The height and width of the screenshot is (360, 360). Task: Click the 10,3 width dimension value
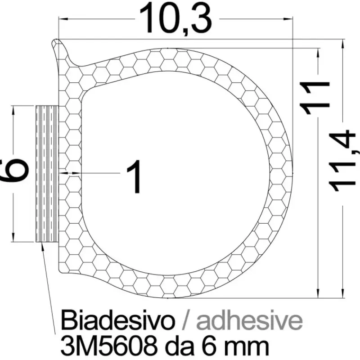pyautogui.click(x=175, y=18)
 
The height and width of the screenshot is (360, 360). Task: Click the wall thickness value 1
pyautogui.click(x=134, y=176)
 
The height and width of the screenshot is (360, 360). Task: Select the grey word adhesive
pyautogui.click(x=249, y=320)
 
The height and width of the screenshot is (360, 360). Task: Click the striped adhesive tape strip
pyautogui.click(x=46, y=174)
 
